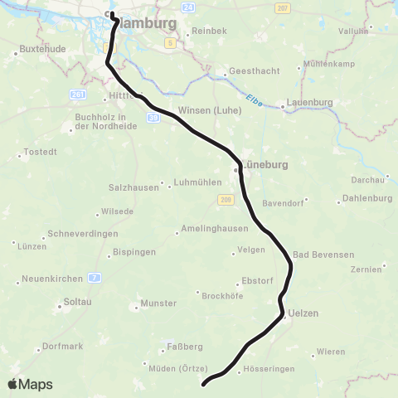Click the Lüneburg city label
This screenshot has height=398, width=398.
pyautogui.click(x=265, y=165)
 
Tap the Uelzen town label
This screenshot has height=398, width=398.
pyautogui.click(x=303, y=313)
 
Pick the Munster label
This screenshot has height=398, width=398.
pyautogui.click(x=158, y=303)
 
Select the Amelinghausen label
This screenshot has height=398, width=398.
pyautogui.click(x=211, y=231)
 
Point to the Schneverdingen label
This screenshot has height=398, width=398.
pyautogui.click(x=83, y=234)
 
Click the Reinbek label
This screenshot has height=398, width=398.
pyautogui.click(x=209, y=31)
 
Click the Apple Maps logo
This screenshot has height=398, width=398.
pyautogui.click(x=31, y=384)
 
